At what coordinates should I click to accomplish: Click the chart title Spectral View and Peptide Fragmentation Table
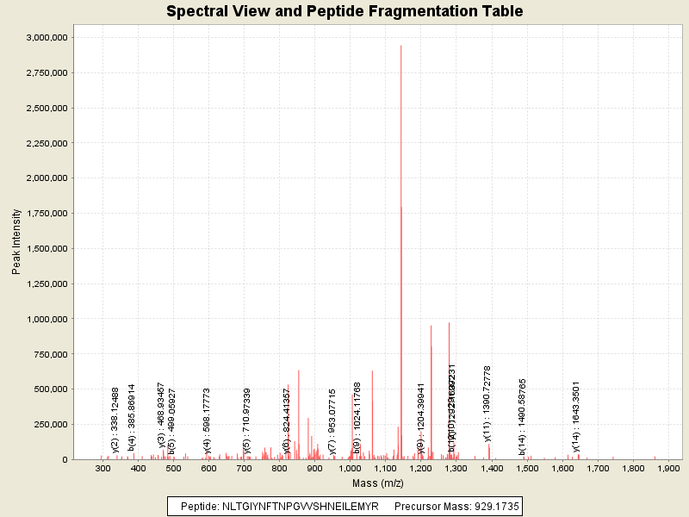click(x=344, y=11)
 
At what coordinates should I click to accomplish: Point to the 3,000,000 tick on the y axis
click(x=43, y=38)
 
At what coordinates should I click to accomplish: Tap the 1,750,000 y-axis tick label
click(x=43, y=214)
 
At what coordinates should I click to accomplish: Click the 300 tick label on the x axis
click(x=103, y=469)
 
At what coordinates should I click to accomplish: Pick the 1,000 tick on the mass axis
click(x=350, y=469)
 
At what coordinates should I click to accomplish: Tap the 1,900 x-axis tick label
click(x=668, y=469)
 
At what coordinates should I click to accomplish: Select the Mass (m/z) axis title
click(x=379, y=483)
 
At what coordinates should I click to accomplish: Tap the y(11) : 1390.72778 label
click(x=487, y=403)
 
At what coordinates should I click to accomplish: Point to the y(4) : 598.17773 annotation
click(x=207, y=420)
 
